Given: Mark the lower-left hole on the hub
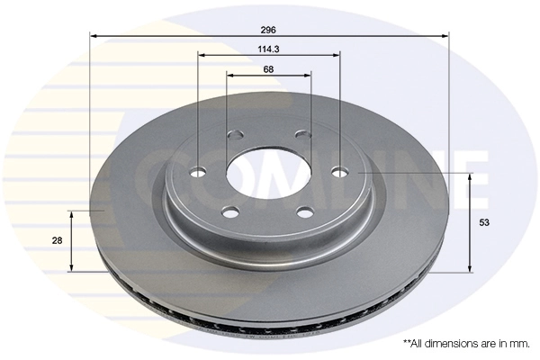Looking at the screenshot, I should point(230,212).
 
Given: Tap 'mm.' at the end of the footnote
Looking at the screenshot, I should point(516,344).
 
